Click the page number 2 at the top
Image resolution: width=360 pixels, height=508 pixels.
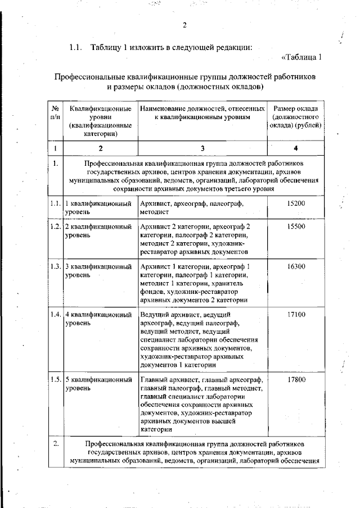click(x=184, y=24)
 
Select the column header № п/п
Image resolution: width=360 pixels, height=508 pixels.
click(x=55, y=112)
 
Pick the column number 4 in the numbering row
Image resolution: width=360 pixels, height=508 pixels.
click(x=296, y=148)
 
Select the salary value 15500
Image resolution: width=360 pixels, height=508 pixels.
click(x=296, y=226)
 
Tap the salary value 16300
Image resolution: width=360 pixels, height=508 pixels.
click(x=296, y=266)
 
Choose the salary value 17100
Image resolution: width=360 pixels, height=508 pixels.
click(x=296, y=315)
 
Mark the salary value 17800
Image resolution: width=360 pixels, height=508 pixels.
click(x=296, y=380)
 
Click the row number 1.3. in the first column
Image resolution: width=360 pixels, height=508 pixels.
click(x=55, y=266)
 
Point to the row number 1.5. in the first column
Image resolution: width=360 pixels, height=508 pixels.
click(x=55, y=380)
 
